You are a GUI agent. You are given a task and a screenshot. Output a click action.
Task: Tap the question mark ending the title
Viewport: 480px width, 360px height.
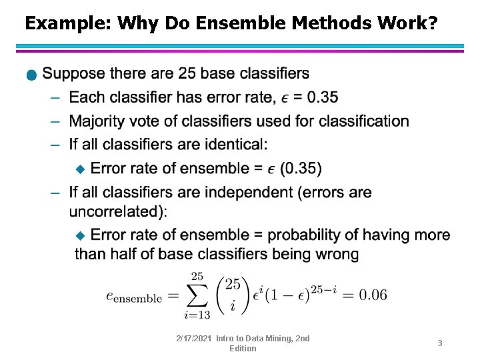point(433,24)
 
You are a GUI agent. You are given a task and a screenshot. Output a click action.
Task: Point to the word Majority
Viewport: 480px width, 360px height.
point(101,121)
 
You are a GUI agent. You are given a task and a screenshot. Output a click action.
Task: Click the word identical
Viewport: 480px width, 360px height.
point(233,145)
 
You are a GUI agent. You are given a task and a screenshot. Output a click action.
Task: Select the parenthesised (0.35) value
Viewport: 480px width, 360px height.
point(301,169)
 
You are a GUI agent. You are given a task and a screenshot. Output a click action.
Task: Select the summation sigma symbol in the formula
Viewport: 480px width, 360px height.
point(198,294)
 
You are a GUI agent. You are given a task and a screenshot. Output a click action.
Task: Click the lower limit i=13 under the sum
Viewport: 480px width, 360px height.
point(197,314)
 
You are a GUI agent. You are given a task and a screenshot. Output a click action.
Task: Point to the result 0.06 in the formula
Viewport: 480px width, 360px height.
point(373,295)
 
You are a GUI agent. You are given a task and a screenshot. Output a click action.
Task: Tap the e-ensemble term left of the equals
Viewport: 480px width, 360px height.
point(133,297)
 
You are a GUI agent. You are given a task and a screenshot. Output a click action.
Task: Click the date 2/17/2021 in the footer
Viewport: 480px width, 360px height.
point(193,339)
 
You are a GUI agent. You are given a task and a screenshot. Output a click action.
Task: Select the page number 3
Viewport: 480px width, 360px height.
point(440,343)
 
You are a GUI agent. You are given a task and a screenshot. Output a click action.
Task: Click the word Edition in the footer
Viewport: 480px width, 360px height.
point(243,349)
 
